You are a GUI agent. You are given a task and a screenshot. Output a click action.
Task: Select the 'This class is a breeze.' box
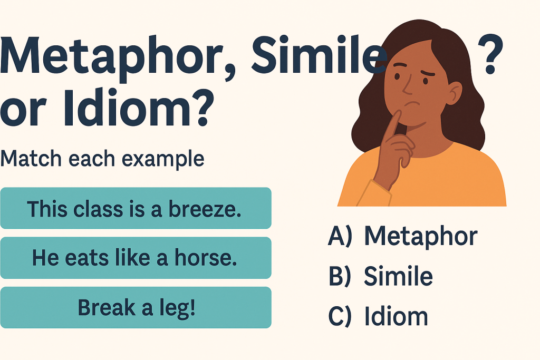(x=136, y=208)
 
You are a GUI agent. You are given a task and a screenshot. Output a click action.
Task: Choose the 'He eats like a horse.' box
(x=136, y=258)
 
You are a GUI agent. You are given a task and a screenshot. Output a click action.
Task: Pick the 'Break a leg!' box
(x=136, y=307)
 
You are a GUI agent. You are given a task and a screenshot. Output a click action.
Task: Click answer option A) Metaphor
(x=402, y=237)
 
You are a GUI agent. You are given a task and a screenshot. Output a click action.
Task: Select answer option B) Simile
(x=380, y=276)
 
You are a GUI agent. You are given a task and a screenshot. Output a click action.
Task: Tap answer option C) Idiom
(x=378, y=316)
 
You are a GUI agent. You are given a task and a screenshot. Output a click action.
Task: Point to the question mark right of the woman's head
(x=490, y=54)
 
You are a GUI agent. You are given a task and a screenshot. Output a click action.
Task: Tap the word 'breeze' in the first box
(x=205, y=209)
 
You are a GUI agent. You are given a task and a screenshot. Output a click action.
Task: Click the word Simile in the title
(x=319, y=54)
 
